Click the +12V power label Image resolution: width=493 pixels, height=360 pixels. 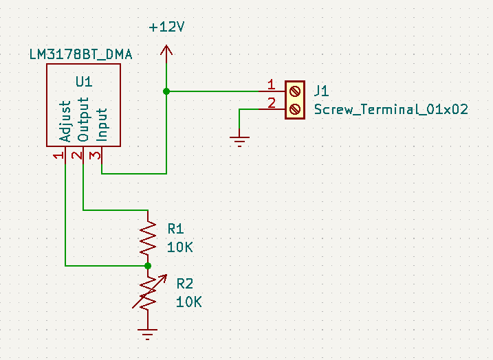[x=166, y=27]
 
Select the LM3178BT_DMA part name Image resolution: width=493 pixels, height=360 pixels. [x=81, y=55]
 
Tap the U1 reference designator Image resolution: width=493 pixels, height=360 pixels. [x=84, y=82]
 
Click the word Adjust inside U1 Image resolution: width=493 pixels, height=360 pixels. [x=65, y=122]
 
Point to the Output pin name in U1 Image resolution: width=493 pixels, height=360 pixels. [x=84, y=120]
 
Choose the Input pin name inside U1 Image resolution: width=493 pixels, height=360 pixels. [x=102, y=125]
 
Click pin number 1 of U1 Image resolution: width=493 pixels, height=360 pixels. [x=59, y=156]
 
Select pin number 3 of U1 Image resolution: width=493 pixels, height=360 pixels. [x=95, y=155]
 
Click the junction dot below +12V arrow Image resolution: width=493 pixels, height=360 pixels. [x=166, y=91]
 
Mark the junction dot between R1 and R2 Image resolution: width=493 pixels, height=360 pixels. [x=148, y=266]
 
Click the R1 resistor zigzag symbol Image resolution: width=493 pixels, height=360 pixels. [x=148, y=238]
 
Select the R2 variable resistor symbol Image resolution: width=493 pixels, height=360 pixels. [x=149, y=293]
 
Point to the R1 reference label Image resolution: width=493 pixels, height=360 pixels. [x=176, y=229]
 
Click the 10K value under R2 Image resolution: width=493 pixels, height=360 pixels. [x=188, y=302]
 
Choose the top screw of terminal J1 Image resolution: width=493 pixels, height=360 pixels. [x=294, y=91]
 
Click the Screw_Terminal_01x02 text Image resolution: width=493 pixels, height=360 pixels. [x=391, y=110]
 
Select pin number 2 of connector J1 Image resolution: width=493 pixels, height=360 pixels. [x=272, y=103]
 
